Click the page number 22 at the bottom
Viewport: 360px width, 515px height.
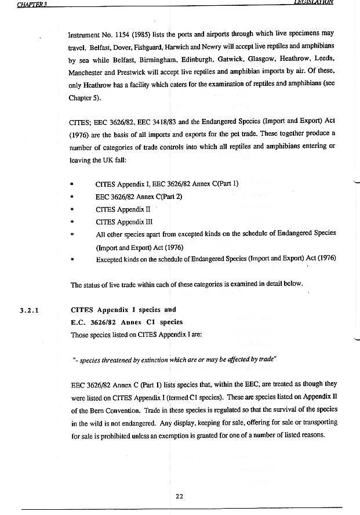click(x=179, y=495)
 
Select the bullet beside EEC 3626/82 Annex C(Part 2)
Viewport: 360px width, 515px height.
click(x=71, y=197)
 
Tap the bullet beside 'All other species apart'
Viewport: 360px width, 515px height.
click(x=71, y=234)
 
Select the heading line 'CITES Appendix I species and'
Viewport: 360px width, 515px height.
click(x=123, y=310)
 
